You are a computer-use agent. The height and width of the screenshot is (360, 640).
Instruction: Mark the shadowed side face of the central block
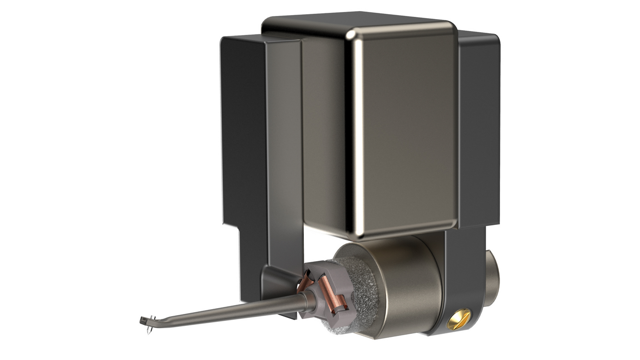[323, 133]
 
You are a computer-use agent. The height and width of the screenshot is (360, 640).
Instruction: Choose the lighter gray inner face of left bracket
[283, 155]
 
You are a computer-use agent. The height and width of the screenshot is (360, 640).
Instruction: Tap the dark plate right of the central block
[478, 133]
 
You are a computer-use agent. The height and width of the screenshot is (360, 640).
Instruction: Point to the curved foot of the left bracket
[275, 283]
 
